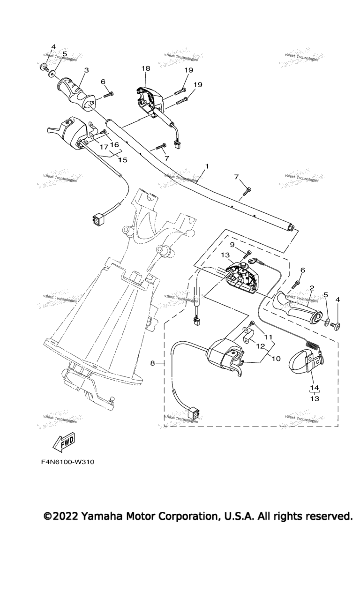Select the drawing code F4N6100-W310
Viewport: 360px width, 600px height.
coord(68,462)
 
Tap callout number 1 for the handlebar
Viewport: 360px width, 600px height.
coord(207,166)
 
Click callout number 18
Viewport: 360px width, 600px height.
coord(146,68)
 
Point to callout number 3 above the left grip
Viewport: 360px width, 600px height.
coord(86,70)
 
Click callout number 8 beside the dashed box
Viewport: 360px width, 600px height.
coord(152,363)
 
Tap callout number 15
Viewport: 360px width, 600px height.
coord(123,160)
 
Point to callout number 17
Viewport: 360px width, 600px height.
coord(102,147)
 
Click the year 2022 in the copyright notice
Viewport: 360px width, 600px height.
coord(65,517)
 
